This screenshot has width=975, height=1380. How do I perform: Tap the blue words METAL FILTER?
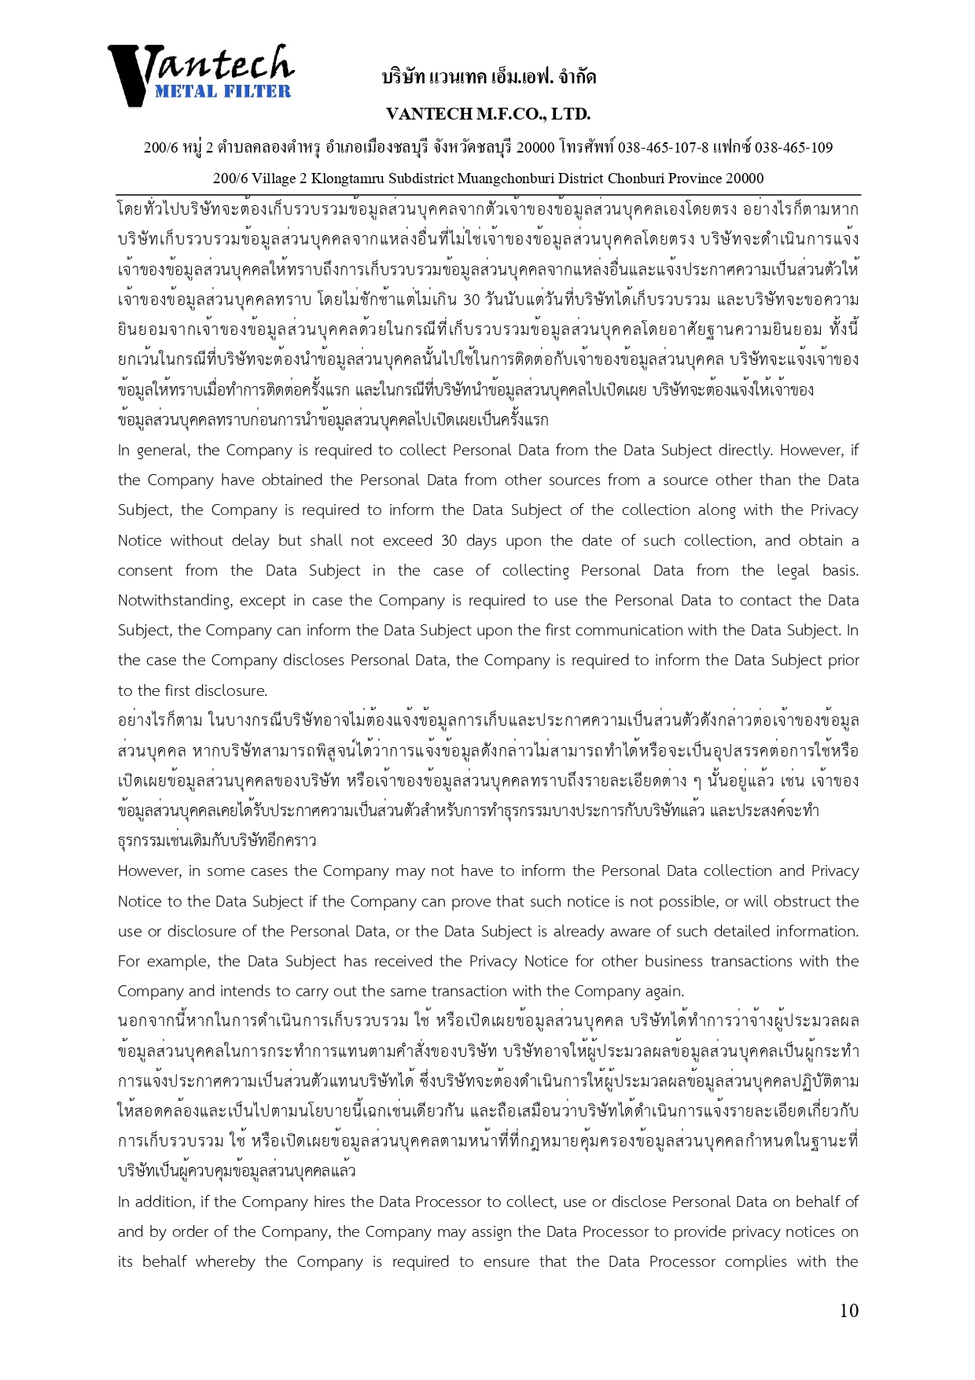pyautogui.click(x=223, y=91)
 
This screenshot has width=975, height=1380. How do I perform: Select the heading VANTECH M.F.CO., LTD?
pyautogui.click(x=488, y=114)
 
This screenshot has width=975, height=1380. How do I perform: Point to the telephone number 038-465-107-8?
pyautogui.click(x=663, y=148)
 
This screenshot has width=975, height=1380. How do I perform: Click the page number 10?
pyautogui.click(x=848, y=1311)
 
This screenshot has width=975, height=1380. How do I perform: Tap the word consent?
pyautogui.click(x=145, y=571)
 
